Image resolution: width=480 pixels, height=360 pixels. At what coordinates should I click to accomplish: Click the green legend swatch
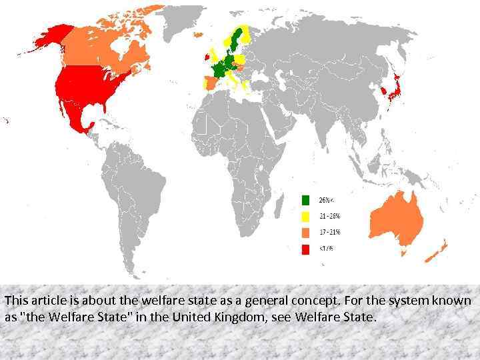[x=305, y=199]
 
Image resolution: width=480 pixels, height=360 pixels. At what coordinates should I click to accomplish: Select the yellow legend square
[x=305, y=216]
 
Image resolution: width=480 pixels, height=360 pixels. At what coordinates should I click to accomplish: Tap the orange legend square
[x=305, y=233]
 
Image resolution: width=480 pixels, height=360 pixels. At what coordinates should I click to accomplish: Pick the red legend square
[x=305, y=249]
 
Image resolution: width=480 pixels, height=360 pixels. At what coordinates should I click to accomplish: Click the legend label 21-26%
[x=329, y=216]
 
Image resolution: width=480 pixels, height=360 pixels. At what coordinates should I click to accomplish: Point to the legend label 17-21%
[x=329, y=233]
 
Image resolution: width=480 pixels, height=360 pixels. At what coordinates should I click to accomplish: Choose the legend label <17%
[x=326, y=249]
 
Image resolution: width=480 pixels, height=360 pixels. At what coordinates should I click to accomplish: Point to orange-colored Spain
[x=208, y=85]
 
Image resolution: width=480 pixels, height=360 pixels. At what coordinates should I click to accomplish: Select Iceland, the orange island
[x=197, y=34]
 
